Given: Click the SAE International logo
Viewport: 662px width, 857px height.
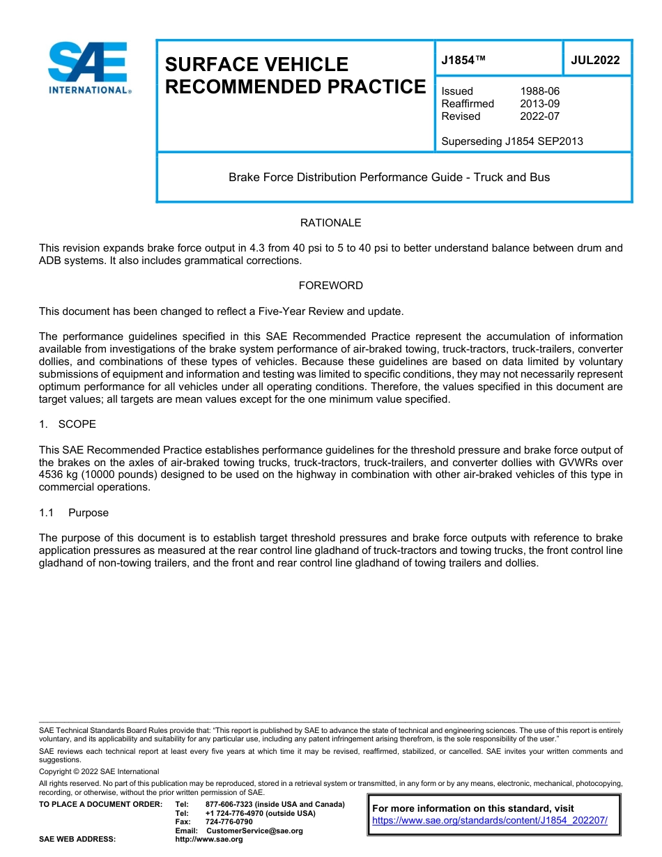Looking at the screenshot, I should point(88,68).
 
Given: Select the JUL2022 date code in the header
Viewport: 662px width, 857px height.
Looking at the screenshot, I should point(595,60).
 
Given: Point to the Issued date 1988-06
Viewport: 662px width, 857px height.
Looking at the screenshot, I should point(539,91).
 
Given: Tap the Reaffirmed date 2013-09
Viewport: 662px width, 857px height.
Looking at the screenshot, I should point(539,104).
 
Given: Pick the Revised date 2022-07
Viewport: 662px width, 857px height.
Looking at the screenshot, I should point(539,116).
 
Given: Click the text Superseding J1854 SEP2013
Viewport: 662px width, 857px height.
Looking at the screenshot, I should point(512,141).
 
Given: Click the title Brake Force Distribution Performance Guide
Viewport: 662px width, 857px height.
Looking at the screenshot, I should point(389,177).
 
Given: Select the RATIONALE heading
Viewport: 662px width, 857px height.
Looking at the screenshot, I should point(330,223).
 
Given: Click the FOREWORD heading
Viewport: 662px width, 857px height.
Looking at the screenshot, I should point(330,286).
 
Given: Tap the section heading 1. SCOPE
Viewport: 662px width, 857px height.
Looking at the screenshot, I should point(68,424).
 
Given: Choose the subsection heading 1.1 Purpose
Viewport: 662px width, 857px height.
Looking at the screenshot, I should point(74,513).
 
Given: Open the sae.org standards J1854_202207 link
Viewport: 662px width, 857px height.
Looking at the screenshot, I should point(490,821).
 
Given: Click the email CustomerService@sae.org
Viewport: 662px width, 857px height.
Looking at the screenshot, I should point(254,831).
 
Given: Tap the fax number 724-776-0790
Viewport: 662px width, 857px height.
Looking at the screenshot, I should point(229,821).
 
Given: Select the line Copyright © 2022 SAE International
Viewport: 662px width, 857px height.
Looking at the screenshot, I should point(99,771).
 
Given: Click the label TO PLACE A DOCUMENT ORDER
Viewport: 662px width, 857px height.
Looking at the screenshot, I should point(100,804).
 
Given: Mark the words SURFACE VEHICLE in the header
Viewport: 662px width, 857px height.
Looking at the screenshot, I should point(256,65).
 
